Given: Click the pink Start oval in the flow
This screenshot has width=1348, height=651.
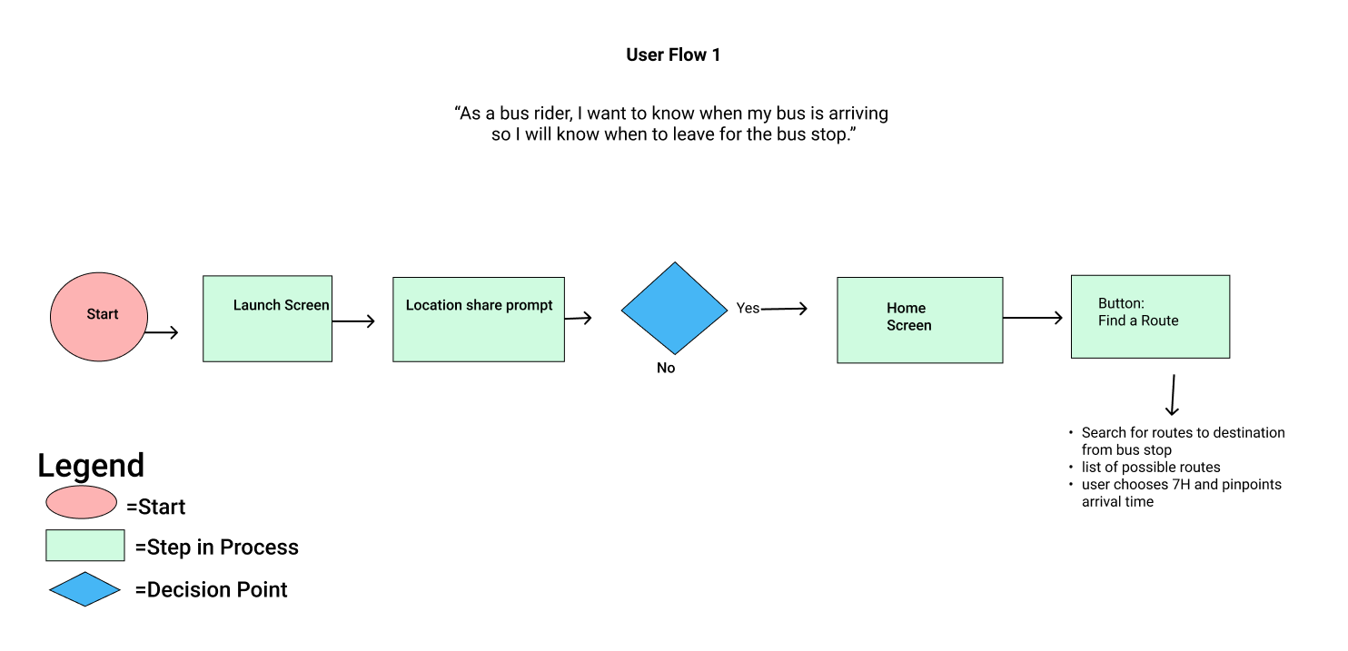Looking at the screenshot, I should tap(98, 316).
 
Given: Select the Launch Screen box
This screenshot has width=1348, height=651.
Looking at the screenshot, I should tap(267, 319).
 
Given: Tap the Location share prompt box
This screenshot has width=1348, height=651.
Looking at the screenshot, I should tap(478, 320).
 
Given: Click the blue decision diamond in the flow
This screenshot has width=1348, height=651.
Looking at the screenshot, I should tap(674, 309).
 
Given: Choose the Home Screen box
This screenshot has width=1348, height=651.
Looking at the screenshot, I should tap(919, 321).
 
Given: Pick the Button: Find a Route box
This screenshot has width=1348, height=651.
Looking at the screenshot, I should tap(1150, 317).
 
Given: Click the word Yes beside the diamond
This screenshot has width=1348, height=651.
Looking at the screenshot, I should tap(748, 309).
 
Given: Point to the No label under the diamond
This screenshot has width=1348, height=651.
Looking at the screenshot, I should tap(666, 369).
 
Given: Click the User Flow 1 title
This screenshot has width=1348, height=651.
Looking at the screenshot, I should tap(673, 55).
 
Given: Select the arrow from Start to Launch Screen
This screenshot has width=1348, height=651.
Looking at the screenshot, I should tap(162, 333).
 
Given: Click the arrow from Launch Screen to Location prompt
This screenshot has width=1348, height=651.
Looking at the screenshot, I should tap(353, 321).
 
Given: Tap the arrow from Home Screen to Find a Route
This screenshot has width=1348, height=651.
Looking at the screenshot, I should tap(1033, 318).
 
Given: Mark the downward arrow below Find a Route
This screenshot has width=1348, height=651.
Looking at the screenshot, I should tap(1173, 395).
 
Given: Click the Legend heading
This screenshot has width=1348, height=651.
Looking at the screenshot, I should tap(91, 466).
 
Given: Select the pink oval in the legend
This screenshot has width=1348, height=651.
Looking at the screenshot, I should tap(82, 502).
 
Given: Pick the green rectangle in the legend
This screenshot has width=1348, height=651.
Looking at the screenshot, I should tap(85, 546).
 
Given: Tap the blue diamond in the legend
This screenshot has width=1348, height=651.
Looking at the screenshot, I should tap(84, 589).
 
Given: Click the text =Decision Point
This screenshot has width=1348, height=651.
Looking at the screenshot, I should tap(211, 590).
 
